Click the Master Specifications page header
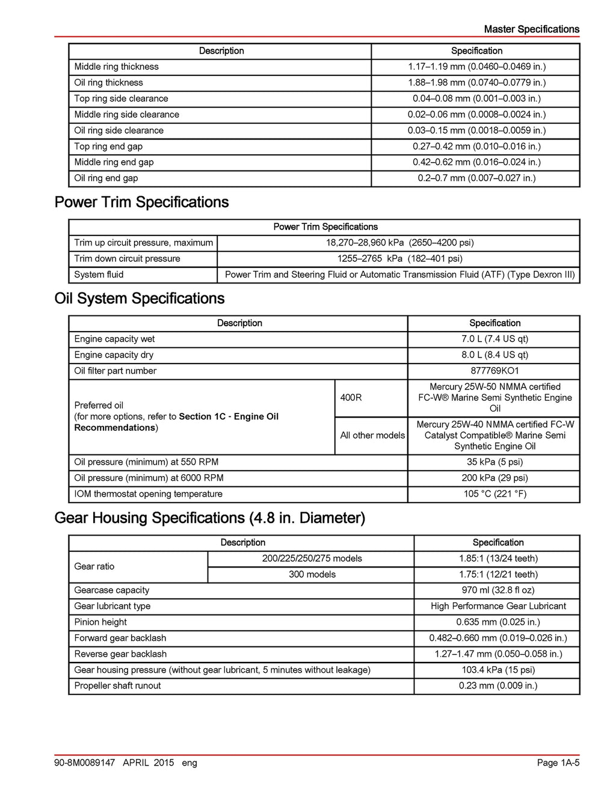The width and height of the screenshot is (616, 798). point(531,29)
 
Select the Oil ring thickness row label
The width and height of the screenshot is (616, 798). point(108,82)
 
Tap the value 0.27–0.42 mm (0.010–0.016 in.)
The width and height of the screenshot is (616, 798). point(476,146)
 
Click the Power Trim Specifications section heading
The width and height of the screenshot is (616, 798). point(141,202)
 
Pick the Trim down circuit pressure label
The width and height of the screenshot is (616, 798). point(127,259)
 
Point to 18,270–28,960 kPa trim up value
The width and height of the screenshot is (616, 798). point(399,243)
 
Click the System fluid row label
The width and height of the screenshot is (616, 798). point(99,274)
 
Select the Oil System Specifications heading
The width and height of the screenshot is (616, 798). point(139,298)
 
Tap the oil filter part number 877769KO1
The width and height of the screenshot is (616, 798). point(494,371)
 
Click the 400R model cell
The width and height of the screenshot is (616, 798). point(351,398)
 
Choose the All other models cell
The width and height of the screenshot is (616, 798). point(372,435)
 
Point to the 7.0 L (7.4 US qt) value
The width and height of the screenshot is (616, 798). point(494,339)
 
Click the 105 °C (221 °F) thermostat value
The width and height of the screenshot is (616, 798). point(494,494)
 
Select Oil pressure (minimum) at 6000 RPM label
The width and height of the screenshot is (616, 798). point(149,478)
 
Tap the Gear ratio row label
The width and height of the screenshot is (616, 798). point(94,566)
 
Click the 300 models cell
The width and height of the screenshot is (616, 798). point(312,574)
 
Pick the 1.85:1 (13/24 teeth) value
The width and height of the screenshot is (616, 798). point(498,558)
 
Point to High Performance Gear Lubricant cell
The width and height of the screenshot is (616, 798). point(498,606)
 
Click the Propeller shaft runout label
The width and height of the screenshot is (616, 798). point(117,685)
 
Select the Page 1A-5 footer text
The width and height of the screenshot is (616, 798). point(558,763)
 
